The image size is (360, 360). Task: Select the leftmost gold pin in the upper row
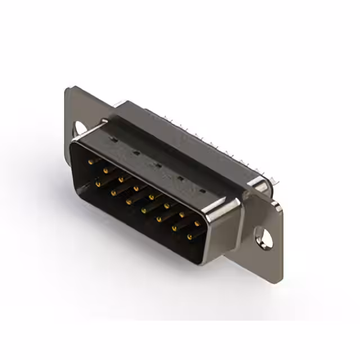point(91,161)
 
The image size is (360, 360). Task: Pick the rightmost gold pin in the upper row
point(197,224)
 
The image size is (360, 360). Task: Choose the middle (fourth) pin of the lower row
point(143,210)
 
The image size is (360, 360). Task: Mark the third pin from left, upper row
point(120,179)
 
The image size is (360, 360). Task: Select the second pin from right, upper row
point(182,215)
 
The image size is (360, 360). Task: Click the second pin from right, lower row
point(174,228)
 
